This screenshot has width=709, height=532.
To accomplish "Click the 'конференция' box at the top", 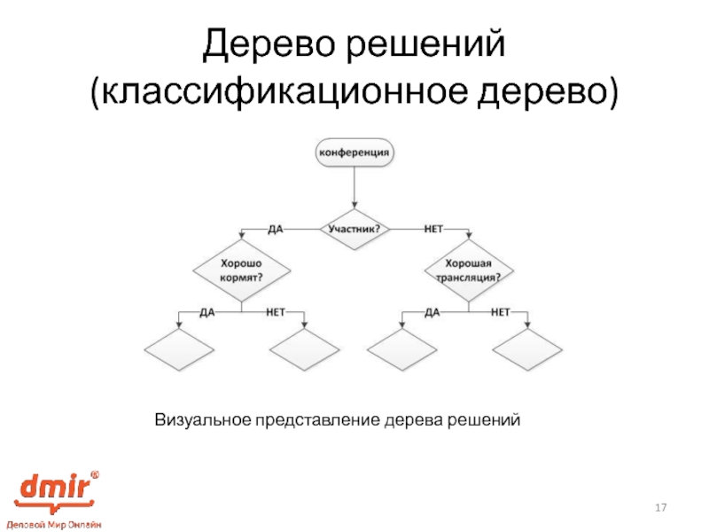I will [354, 153].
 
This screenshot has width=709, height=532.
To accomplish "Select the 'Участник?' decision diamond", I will [354, 228].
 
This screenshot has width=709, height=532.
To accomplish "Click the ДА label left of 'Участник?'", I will [276, 228].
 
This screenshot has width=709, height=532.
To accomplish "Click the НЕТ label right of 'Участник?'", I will [433, 228].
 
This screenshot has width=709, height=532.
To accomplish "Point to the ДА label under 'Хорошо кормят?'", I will [207, 311].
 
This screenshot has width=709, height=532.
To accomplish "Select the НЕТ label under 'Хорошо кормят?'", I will [275, 311].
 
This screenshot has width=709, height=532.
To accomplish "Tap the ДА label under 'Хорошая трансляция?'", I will [432, 311].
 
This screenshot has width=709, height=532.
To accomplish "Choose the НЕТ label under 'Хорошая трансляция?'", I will [501, 311].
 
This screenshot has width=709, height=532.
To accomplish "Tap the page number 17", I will [659, 507].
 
